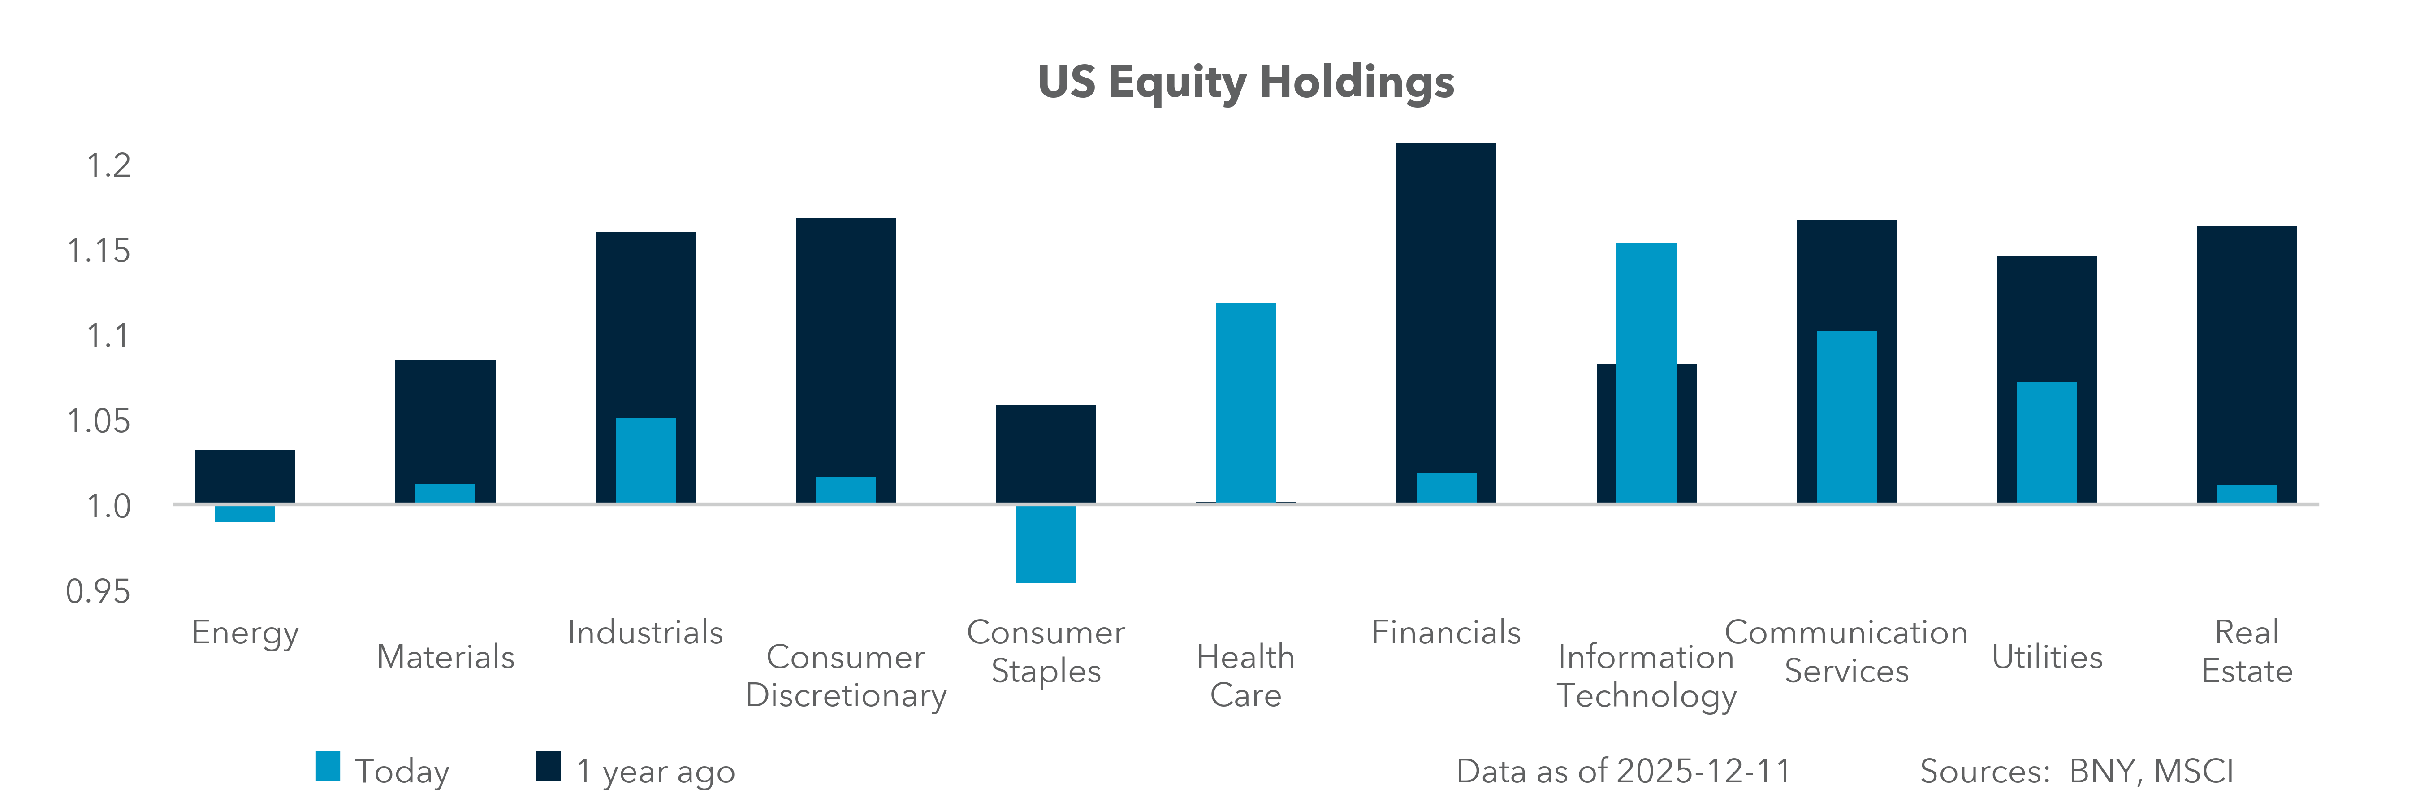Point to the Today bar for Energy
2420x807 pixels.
(245, 514)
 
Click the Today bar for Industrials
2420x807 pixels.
(645, 460)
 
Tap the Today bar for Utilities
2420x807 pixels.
(2047, 442)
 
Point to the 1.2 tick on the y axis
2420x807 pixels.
(108, 165)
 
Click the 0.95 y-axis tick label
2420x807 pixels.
(98, 591)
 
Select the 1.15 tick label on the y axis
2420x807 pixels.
(98, 251)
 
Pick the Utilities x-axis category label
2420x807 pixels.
(2047, 657)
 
